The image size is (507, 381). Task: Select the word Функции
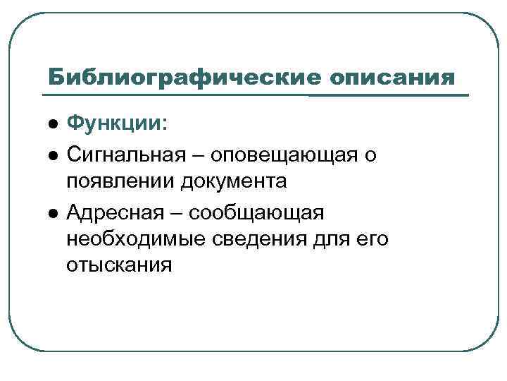[x=115, y=125]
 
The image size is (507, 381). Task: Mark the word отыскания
[x=119, y=267]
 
